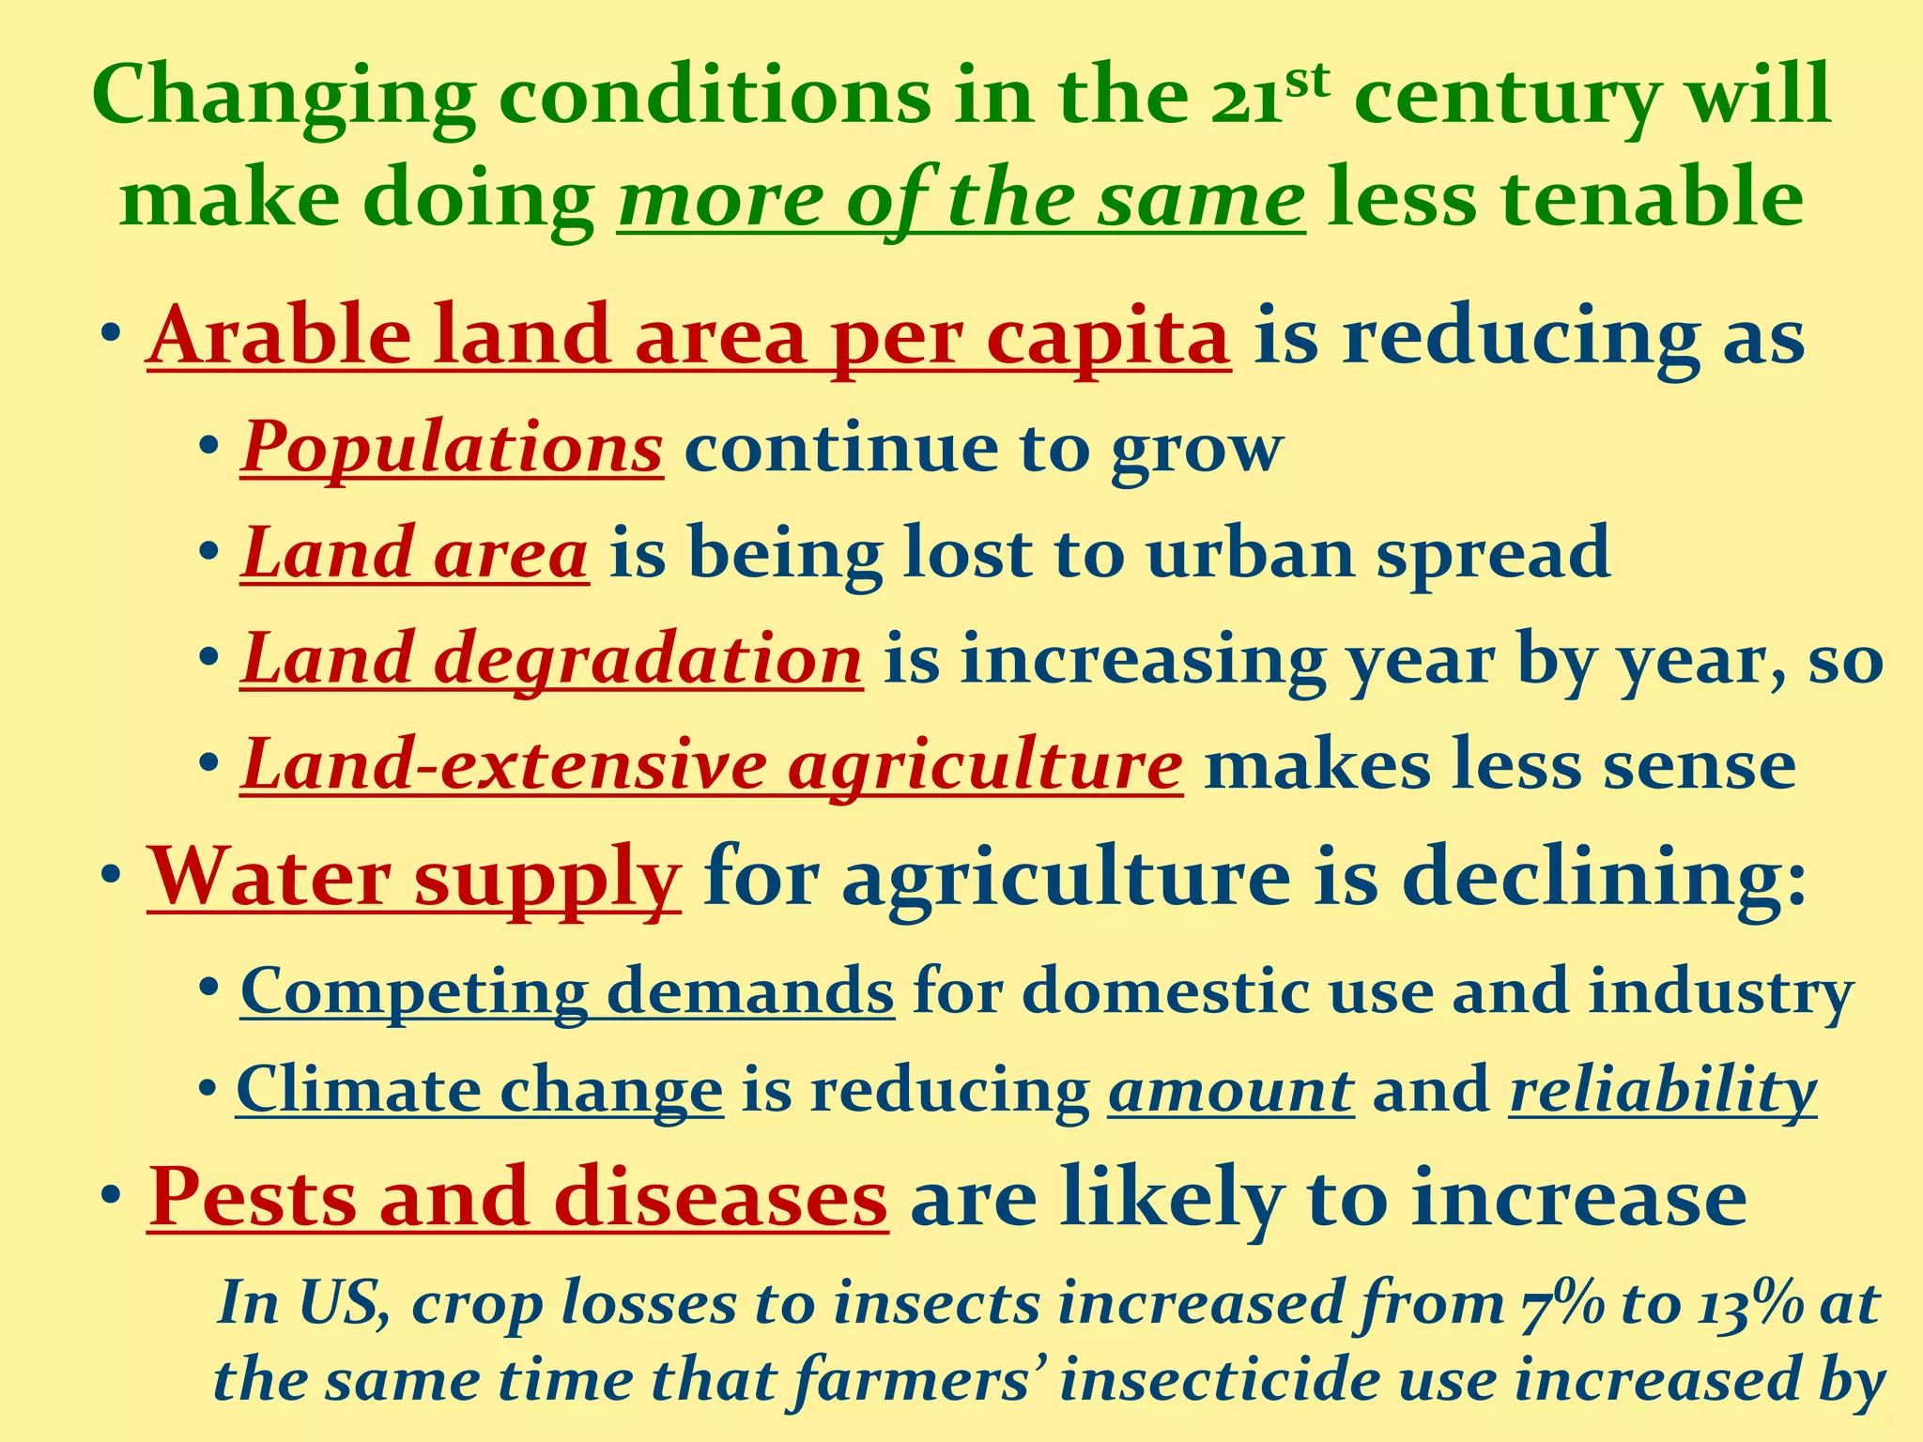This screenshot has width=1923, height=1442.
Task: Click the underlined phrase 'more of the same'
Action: (x=961, y=200)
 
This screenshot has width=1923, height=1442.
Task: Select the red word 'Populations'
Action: (x=452, y=448)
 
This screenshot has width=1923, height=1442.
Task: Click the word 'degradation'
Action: (x=647, y=659)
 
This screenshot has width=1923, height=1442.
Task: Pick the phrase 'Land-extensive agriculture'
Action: (x=711, y=765)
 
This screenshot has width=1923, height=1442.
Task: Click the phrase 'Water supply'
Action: (x=413, y=877)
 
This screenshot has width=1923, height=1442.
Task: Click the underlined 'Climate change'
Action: (x=479, y=1090)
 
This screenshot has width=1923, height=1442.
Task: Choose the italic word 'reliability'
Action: (x=1662, y=1090)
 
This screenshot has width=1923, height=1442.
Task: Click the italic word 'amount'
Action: (x=1230, y=1090)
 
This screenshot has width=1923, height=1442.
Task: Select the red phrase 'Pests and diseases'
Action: (x=517, y=1199)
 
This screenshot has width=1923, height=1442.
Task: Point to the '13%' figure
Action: (x=1747, y=1304)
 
